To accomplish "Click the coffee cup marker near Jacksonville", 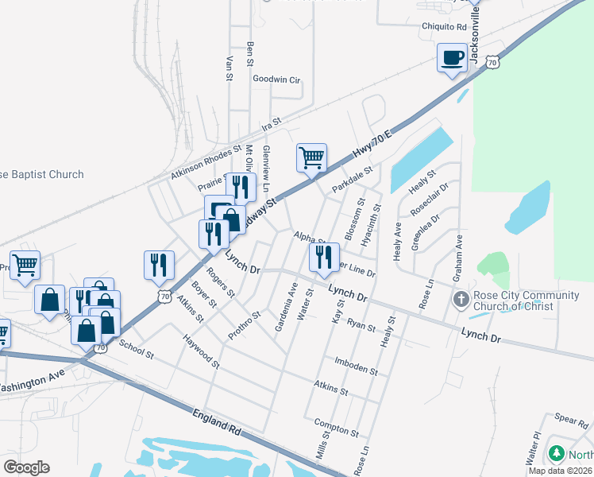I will [x=453, y=57].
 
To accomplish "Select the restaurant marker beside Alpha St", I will [x=323, y=256].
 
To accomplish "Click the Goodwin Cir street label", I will [x=276, y=79].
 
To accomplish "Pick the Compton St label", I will [x=337, y=427].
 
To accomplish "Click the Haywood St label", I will [x=201, y=351].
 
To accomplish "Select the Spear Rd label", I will [x=570, y=417].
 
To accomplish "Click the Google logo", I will [x=27, y=467].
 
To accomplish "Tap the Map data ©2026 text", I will [x=560, y=471].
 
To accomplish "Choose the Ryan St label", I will [x=361, y=324].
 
